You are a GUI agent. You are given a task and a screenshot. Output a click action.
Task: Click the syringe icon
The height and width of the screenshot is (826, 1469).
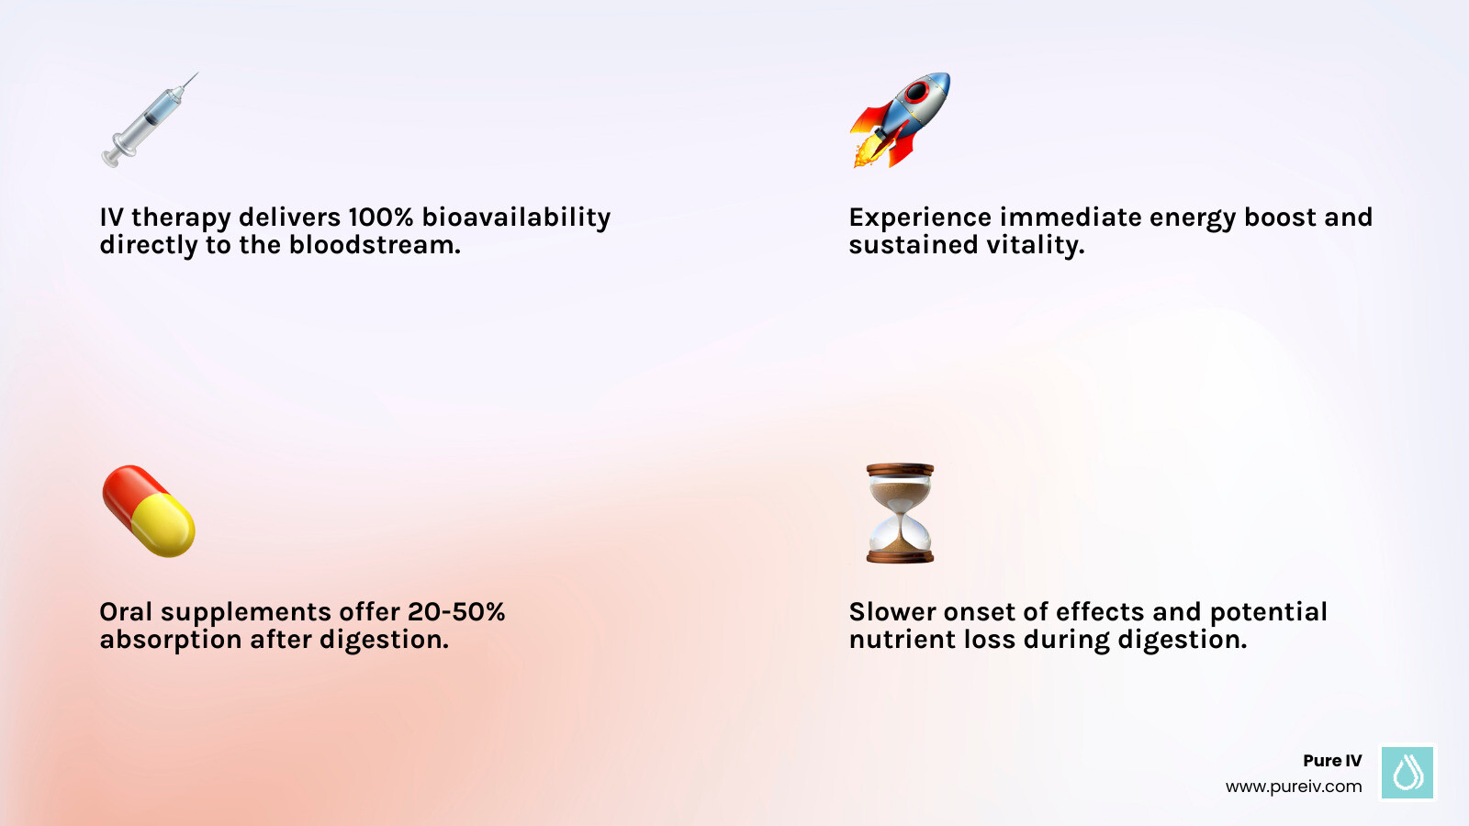point(147,121)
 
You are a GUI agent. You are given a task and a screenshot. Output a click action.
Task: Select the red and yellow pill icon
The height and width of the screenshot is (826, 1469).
point(148,510)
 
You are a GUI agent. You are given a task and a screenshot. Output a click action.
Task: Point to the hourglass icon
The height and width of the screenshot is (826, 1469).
point(900,512)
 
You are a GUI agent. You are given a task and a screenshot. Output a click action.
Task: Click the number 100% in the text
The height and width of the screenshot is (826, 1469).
point(380,218)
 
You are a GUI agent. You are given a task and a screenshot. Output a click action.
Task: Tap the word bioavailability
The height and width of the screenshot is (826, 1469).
point(516,218)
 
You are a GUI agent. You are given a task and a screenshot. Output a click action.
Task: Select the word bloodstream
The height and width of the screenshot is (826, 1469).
point(375,245)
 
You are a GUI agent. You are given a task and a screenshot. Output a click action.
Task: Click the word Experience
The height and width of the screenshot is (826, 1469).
point(920,218)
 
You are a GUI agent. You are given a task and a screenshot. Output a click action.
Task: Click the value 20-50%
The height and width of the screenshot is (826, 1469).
point(456,612)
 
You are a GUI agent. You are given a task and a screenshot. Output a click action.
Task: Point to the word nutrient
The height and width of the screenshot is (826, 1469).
point(889,640)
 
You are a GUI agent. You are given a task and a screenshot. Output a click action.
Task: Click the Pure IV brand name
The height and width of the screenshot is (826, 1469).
point(1332,761)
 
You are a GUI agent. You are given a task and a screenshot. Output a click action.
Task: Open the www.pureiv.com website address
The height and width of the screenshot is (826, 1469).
point(1294,787)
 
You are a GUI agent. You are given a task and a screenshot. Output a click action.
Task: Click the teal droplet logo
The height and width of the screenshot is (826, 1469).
point(1407,772)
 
